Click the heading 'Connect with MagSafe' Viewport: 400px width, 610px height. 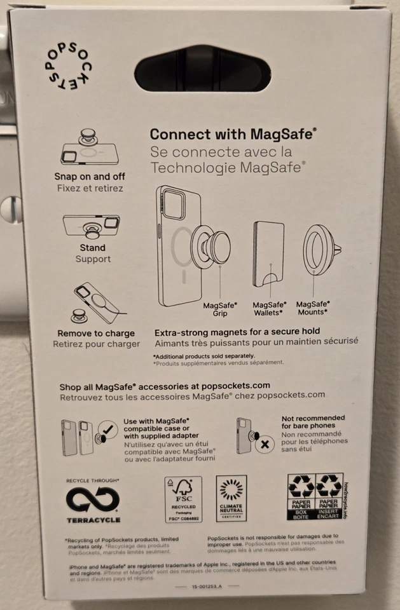233,134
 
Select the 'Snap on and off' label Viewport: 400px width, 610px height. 90,177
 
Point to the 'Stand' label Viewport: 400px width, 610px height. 93,248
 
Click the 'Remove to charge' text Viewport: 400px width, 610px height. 96,333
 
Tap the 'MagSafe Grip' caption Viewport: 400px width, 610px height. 220,309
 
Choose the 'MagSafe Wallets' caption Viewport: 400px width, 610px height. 269,309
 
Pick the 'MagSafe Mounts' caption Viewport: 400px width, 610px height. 312,309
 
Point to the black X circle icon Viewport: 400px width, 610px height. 263,444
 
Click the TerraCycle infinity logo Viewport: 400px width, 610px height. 92,500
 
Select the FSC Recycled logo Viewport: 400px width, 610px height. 183,499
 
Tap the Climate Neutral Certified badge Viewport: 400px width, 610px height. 231,498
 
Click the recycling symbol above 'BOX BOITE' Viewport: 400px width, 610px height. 301,485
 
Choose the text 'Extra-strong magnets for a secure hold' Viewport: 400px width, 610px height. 237,331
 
